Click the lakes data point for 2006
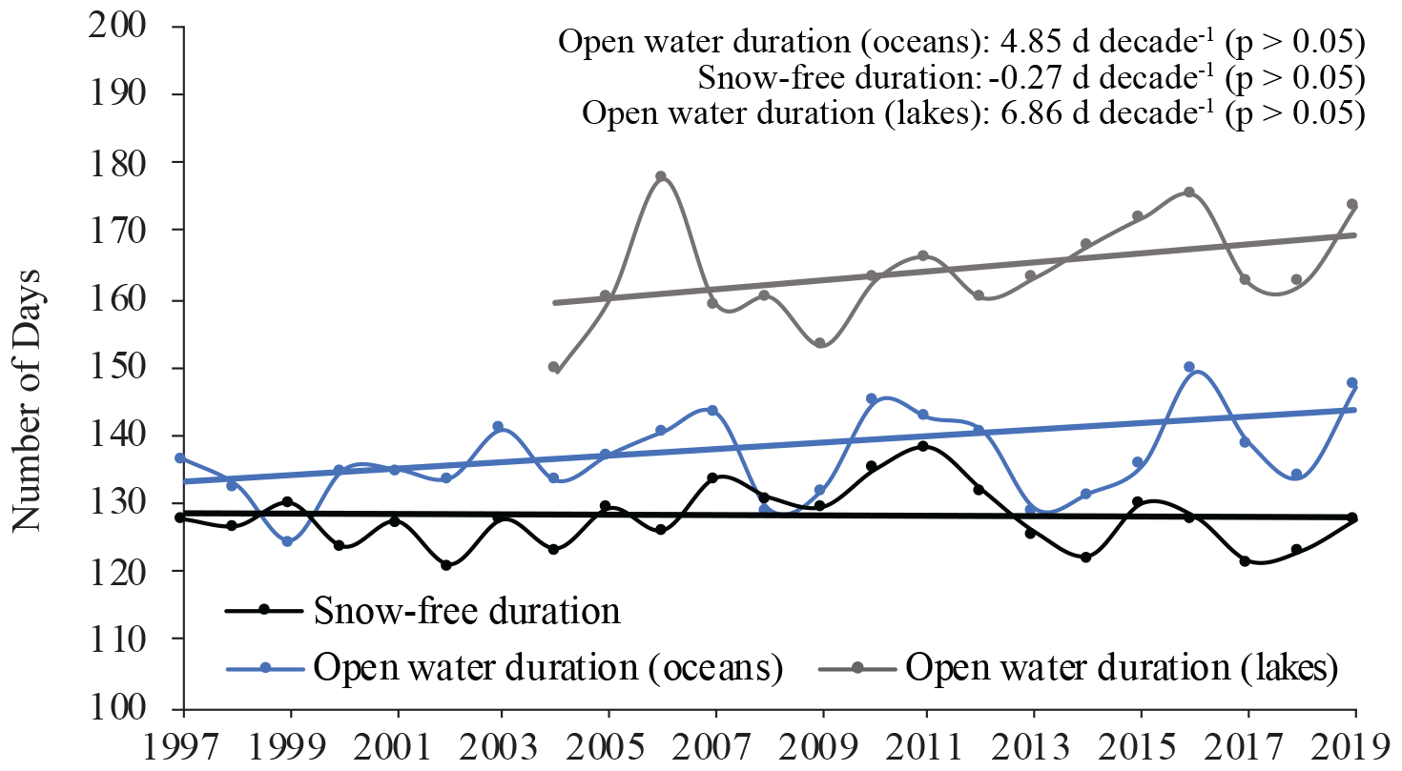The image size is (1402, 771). coord(661,176)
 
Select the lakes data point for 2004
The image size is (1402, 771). coord(553,367)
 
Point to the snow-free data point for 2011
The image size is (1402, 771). coord(922,446)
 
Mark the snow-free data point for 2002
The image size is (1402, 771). coord(445,565)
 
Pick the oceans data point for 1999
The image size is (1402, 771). coord(287,541)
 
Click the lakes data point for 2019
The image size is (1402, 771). coord(1351,204)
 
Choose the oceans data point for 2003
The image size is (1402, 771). coord(497,426)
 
